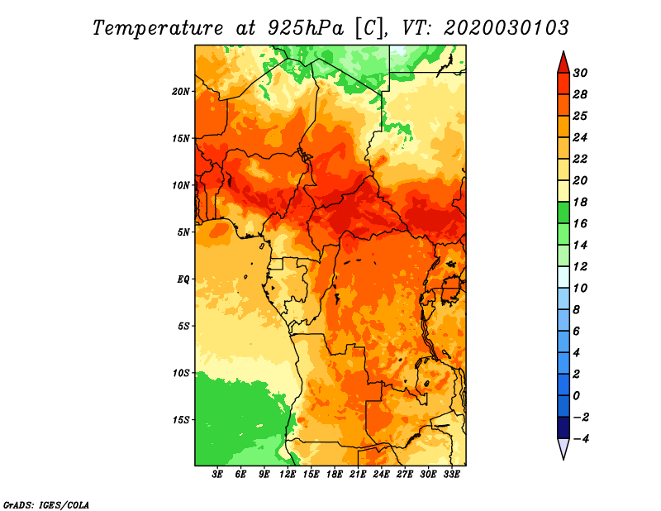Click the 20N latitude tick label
[x=181, y=92]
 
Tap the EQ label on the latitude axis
[x=183, y=279]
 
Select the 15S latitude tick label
[x=181, y=420]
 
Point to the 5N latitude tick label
[x=183, y=232]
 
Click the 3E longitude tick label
[x=217, y=475]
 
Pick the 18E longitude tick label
[x=335, y=475]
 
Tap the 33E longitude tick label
[x=451, y=475]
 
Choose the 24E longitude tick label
[x=381, y=475]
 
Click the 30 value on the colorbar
[x=580, y=73]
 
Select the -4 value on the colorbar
[x=581, y=439]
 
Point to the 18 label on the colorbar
[x=580, y=202]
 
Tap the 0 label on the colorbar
[x=577, y=396]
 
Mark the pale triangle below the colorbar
[x=564, y=447]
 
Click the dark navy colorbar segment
[x=564, y=427]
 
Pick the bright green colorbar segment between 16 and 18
[x=564, y=213]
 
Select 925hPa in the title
[x=306, y=28]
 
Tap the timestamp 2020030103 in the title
[x=506, y=28]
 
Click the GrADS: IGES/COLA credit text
[x=46, y=505]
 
